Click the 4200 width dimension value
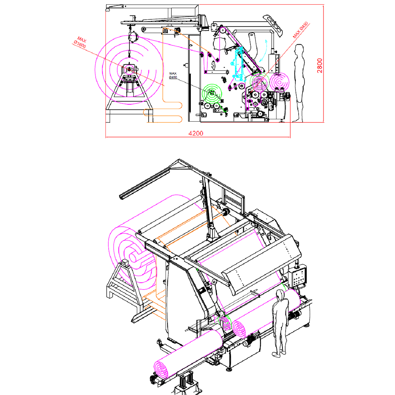click(x=196, y=133)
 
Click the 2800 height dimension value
click(x=320, y=66)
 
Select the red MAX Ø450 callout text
click(x=301, y=30)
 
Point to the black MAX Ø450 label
click(x=173, y=75)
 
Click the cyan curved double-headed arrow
click(x=263, y=51)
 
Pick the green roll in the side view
click(x=213, y=94)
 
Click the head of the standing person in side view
click(x=299, y=49)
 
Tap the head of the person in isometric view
click(x=280, y=294)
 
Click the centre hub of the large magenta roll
click(x=129, y=69)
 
